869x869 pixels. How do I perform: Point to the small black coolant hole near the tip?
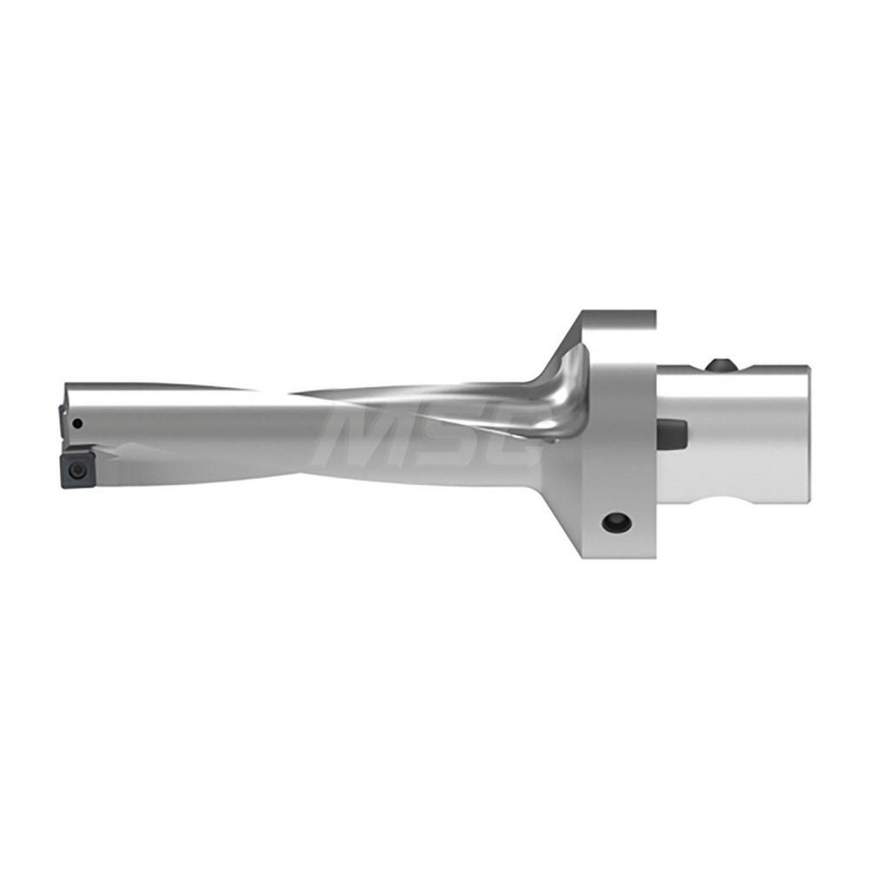78,424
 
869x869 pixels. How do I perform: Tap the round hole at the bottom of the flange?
618,522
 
